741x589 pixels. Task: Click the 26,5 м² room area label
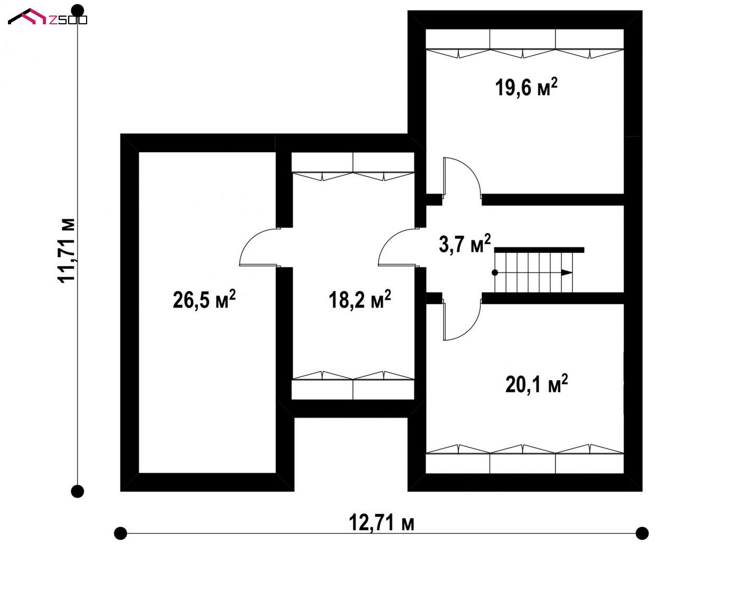[x=204, y=300]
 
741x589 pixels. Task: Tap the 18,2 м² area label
[x=360, y=300]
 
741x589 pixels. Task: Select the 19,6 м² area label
[x=526, y=87]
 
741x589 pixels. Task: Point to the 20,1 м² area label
[x=537, y=384]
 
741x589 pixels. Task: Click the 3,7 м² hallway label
[x=464, y=244]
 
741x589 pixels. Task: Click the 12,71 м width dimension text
[x=381, y=522]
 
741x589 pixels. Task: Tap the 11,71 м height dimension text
[x=66, y=250]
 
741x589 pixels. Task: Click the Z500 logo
[x=48, y=16]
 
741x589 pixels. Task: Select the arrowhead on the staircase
[x=566, y=273]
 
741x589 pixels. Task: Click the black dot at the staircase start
[x=495, y=273]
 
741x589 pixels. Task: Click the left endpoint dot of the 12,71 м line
[x=120, y=533]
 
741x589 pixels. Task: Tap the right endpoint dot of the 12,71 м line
[x=642, y=533]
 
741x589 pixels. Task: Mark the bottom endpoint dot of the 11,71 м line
[x=78, y=491]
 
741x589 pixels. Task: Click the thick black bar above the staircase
[x=539, y=250]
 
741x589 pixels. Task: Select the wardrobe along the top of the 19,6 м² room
[x=525, y=44]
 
